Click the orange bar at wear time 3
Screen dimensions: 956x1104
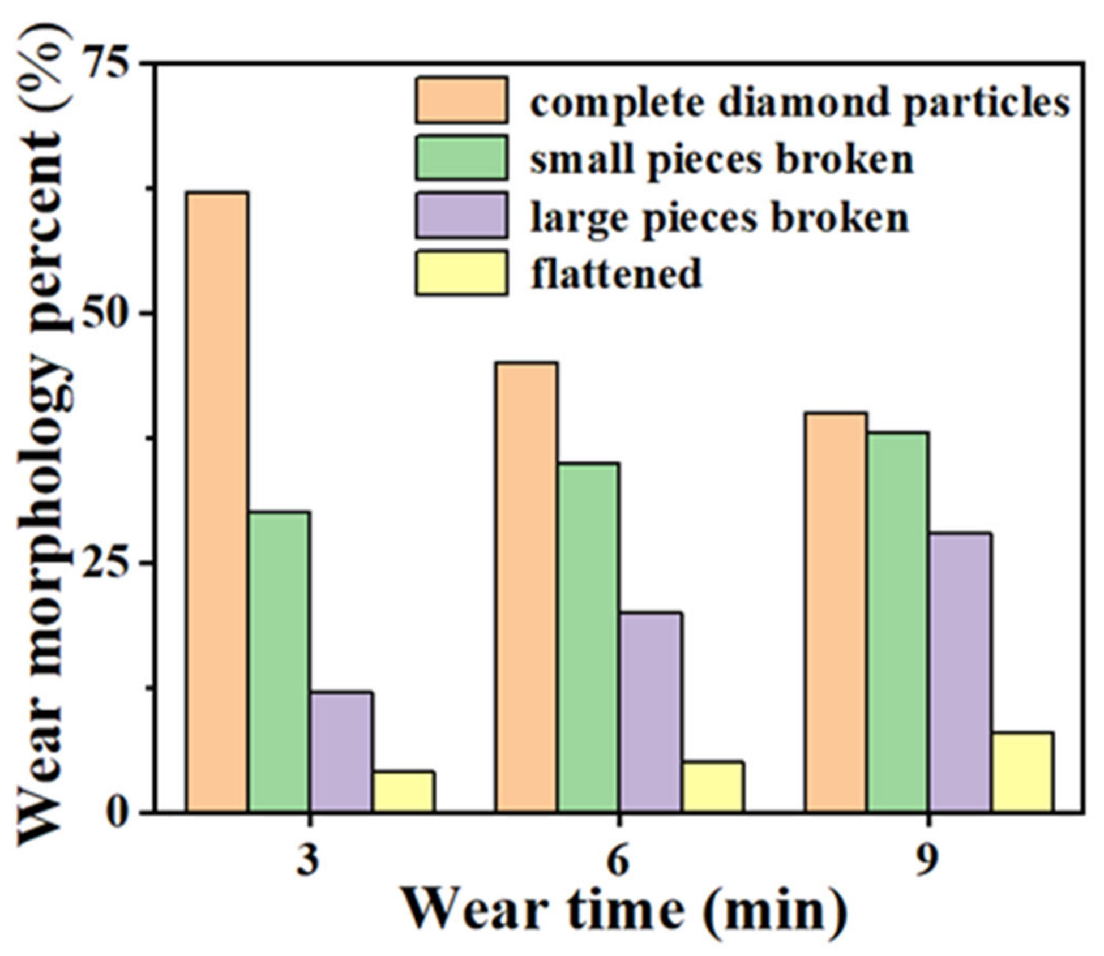(x=217, y=503)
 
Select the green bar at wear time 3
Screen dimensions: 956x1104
(x=279, y=662)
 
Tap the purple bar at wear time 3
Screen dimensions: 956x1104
(x=341, y=752)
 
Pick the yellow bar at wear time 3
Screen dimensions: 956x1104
(x=404, y=791)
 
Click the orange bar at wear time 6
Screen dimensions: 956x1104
(x=527, y=588)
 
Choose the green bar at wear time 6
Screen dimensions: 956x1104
(x=588, y=638)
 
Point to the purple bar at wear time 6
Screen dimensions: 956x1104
(x=651, y=713)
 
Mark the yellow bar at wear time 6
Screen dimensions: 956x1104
(x=713, y=787)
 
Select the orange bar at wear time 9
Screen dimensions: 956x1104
(x=836, y=613)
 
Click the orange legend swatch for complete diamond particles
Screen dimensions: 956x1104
(x=461, y=100)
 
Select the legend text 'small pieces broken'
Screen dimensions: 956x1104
(x=721, y=160)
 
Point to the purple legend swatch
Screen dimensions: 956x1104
(x=461, y=215)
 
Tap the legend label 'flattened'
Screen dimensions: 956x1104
(x=616, y=274)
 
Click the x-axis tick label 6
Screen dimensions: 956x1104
(x=618, y=861)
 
